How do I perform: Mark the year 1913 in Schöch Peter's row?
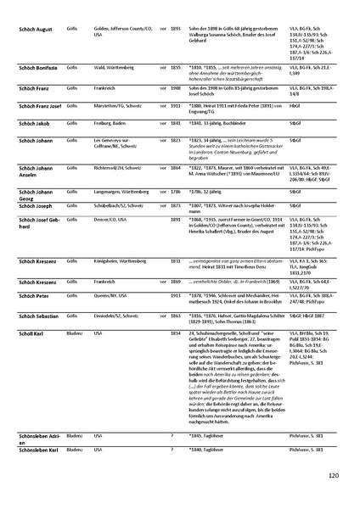pos(176,271)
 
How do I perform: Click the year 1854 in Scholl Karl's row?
pos(176,310)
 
